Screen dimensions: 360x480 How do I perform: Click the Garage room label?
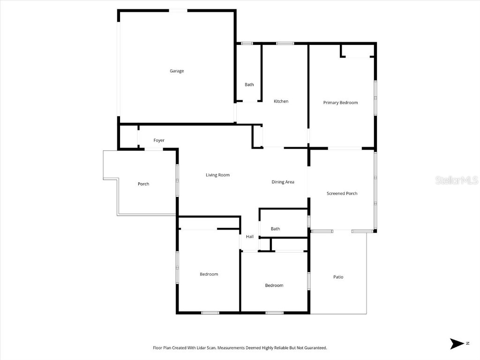point(177,71)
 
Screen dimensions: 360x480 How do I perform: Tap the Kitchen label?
point(281,101)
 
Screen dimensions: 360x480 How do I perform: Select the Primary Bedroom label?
point(340,103)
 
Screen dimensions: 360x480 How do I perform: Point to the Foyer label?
point(159,141)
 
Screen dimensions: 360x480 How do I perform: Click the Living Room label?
point(217,175)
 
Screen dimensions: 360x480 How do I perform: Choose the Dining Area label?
point(283,182)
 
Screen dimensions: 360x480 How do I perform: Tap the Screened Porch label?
point(342,194)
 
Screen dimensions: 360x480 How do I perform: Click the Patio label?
point(338,277)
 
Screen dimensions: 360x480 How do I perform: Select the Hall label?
point(250,237)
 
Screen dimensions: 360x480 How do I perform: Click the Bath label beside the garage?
point(249,85)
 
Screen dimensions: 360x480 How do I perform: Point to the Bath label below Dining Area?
point(275,229)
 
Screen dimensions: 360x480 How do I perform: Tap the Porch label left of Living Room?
point(143,184)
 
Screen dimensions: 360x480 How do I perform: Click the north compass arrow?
point(456,344)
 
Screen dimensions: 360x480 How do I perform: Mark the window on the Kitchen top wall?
point(285,44)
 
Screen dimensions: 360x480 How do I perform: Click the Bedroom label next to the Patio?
point(274,285)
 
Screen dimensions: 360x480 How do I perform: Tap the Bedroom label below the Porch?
point(209,274)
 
